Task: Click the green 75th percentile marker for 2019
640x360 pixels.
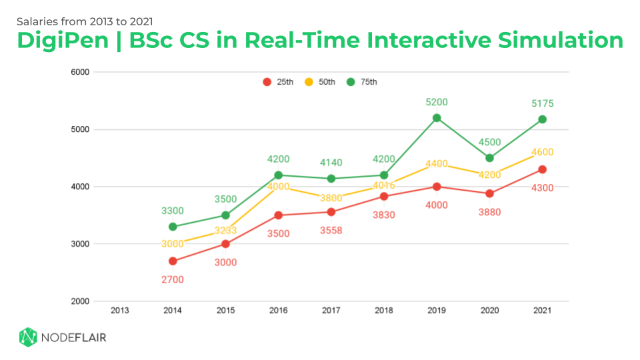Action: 437,118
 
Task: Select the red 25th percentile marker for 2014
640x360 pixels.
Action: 173,261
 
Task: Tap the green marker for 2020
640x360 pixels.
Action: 489,158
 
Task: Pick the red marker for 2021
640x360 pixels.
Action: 542,169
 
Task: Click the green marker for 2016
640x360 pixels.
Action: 278,175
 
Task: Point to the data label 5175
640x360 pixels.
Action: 542,103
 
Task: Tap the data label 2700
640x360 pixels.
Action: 173,279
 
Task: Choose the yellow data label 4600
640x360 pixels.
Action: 542,153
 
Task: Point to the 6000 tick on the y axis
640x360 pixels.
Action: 81,72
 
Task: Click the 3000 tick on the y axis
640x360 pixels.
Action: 81,244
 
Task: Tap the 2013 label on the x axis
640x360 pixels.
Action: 120,310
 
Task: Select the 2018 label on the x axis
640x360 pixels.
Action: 383,310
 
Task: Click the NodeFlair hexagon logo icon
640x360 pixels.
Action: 27,337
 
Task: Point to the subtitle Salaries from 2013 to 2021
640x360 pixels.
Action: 89,21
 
